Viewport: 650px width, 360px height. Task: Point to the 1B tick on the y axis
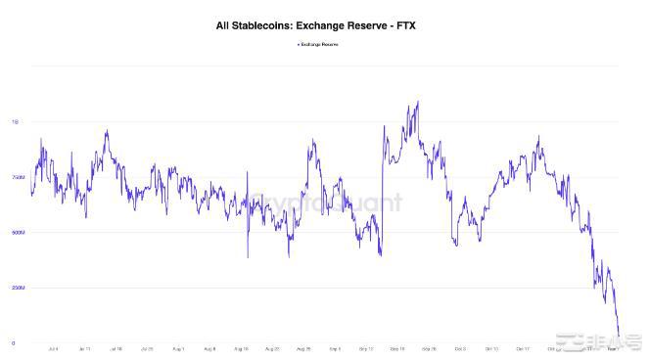14,122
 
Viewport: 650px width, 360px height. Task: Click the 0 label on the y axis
14,343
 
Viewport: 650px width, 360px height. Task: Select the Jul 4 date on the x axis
52,348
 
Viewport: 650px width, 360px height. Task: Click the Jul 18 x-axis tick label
115,348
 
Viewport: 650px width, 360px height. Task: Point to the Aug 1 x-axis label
177,348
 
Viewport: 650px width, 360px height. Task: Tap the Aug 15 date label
240,348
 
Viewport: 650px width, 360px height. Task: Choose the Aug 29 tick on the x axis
302,348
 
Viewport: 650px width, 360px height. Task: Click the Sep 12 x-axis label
366,348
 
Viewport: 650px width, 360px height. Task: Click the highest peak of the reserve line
418,102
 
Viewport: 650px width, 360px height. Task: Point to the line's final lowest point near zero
619,337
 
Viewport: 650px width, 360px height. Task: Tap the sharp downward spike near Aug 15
247,257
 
